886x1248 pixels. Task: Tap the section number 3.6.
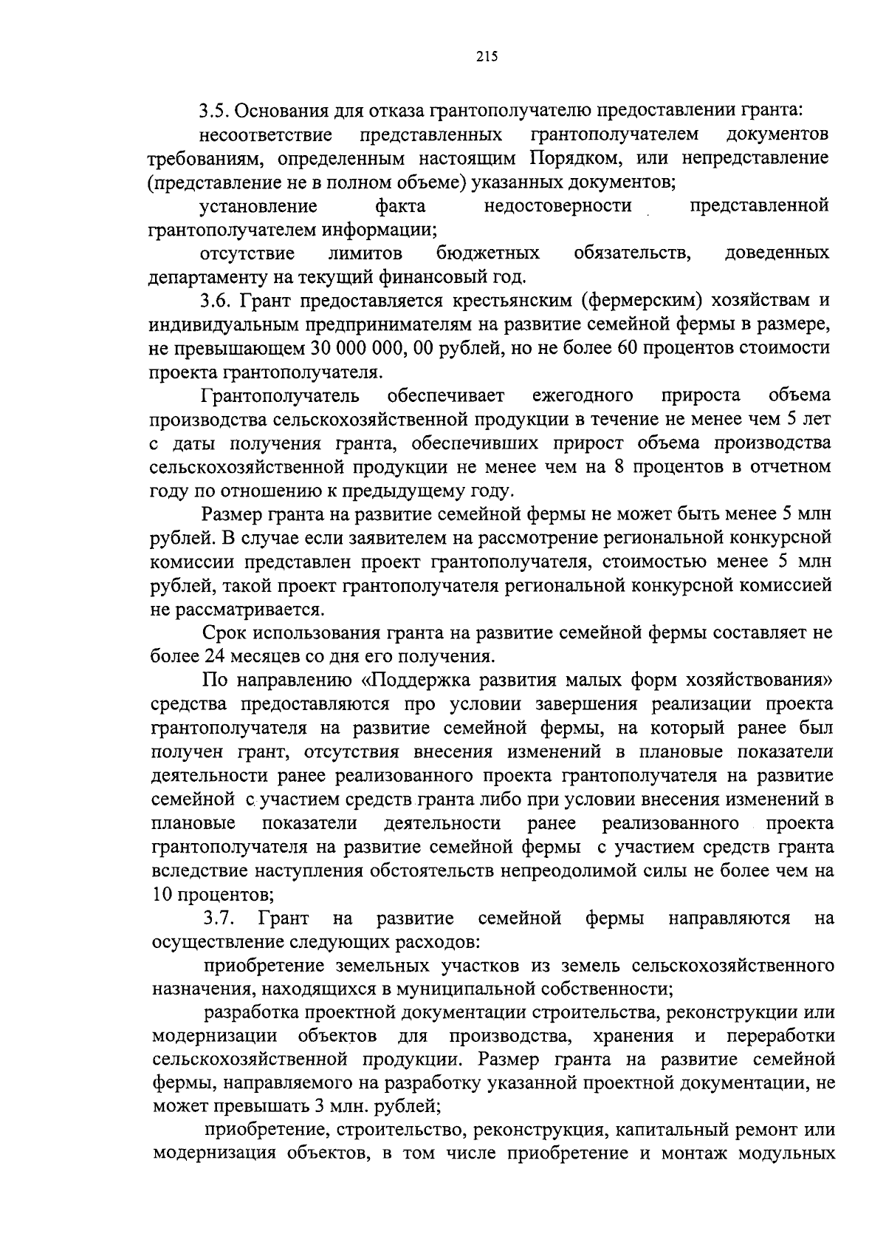tap(214, 301)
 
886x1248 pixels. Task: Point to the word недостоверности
tap(558, 206)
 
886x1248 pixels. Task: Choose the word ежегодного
tap(583, 395)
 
